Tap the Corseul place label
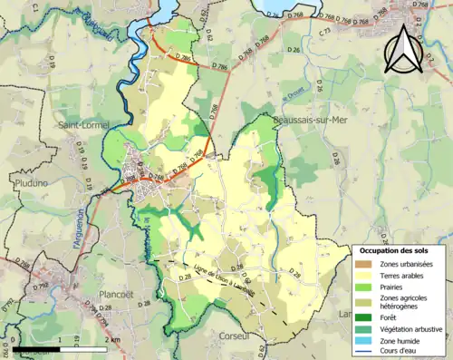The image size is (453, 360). pyautogui.click(x=234, y=335)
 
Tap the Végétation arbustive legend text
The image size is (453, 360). pyautogui.click(x=412, y=329)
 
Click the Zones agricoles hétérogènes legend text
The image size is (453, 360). pyautogui.click(x=405, y=302)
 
